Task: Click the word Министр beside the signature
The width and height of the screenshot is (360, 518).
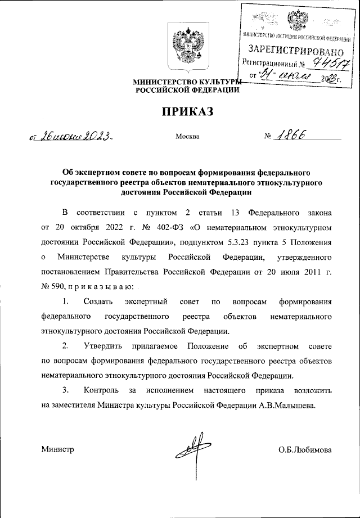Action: pos(57,450)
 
